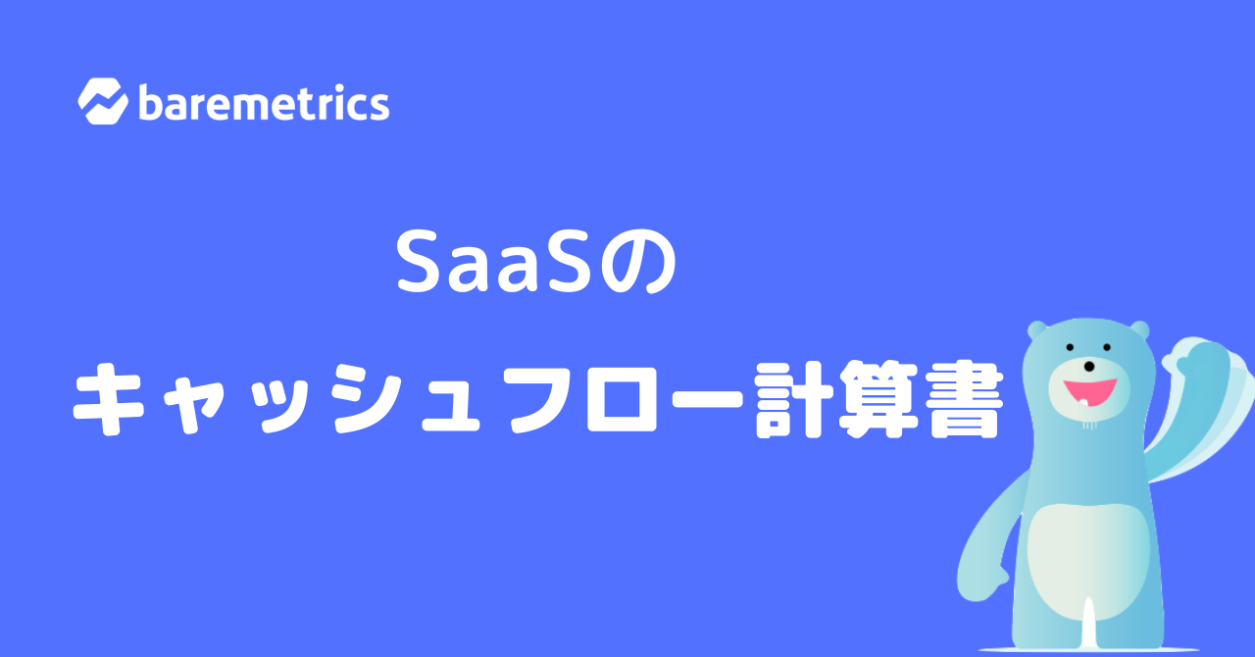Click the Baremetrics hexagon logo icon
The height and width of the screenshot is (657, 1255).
point(103,101)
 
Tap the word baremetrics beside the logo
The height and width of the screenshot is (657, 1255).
point(264,102)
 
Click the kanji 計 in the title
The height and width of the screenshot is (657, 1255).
point(790,399)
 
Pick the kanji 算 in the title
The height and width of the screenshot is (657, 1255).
point(877,399)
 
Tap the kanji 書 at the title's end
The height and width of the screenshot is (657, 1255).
point(964,399)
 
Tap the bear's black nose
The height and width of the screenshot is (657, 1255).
point(1088,366)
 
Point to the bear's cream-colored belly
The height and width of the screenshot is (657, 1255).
point(1088,561)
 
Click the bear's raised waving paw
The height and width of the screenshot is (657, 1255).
point(1199,363)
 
